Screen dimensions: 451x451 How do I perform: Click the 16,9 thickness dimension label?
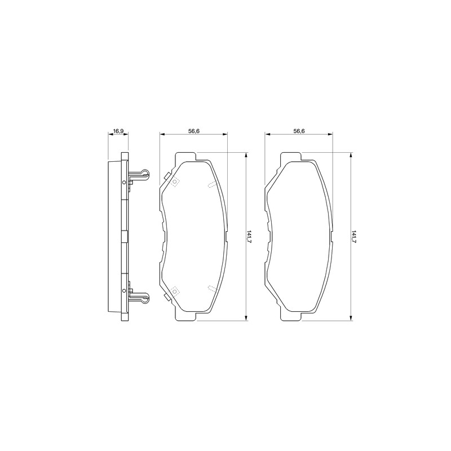118,131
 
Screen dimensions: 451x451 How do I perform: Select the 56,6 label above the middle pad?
194,131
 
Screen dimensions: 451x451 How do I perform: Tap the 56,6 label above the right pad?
299,131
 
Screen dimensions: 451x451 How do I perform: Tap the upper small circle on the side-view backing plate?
124,182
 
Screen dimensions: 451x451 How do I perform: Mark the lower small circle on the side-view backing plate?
124,290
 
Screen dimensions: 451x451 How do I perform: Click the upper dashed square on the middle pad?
175,182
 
